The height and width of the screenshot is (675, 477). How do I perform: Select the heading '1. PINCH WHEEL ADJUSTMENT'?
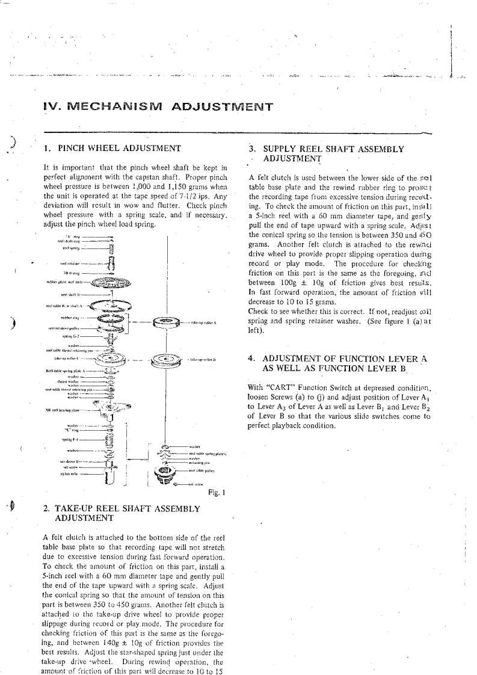pos(113,147)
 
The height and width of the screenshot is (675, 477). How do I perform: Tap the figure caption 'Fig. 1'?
pos(215,493)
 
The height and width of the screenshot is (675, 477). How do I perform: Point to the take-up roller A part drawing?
pos(168,322)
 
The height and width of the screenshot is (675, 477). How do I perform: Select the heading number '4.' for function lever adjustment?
pos(253,357)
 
